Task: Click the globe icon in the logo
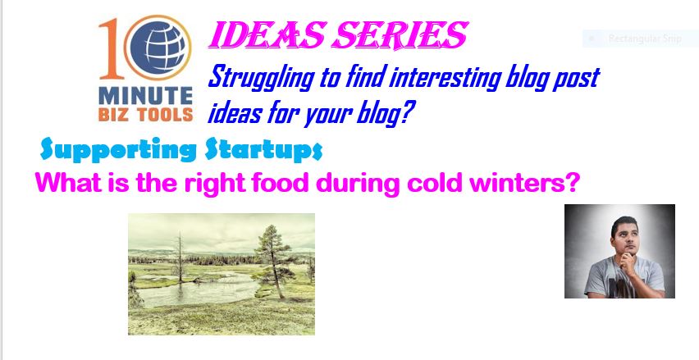click(158, 48)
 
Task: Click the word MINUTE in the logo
click(145, 95)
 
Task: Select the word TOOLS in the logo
click(165, 114)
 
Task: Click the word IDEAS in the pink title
click(267, 35)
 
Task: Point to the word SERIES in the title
click(400, 35)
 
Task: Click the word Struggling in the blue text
click(262, 79)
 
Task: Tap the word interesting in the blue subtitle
click(445, 78)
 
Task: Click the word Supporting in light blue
click(117, 149)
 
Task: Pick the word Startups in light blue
click(263, 150)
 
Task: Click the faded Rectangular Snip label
click(645, 39)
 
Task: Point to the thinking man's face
click(624, 239)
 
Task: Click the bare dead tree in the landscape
click(180, 257)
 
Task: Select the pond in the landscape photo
click(196, 289)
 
